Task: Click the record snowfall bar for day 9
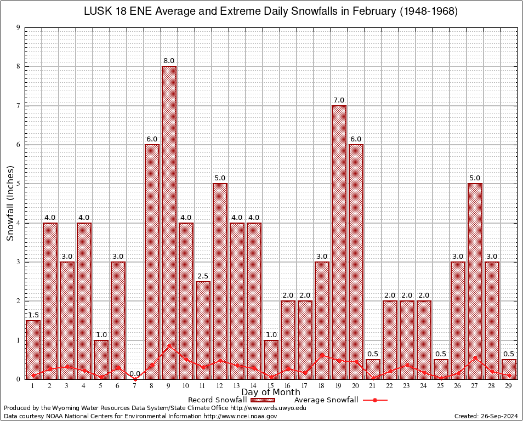(x=169, y=219)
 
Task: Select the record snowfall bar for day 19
(x=339, y=241)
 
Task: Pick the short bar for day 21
(x=373, y=369)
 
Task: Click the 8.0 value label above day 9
(x=169, y=61)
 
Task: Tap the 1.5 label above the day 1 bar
(x=33, y=315)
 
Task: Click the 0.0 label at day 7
(x=135, y=373)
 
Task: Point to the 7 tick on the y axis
(x=19, y=106)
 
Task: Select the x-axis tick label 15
(x=271, y=386)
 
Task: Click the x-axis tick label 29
(x=509, y=386)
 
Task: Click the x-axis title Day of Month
(x=270, y=392)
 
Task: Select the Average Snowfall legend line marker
(x=375, y=400)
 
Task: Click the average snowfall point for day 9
(x=169, y=345)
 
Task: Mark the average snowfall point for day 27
(x=475, y=357)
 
